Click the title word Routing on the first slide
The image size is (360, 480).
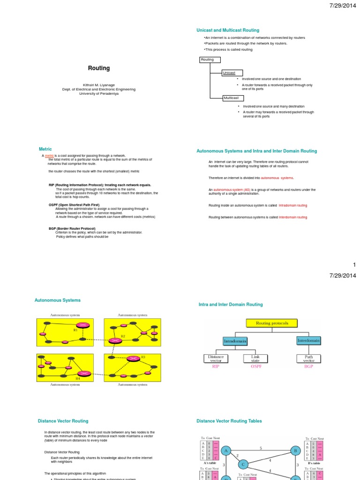coord(99,68)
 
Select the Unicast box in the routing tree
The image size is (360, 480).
coord(232,73)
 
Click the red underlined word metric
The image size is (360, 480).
coord(50,155)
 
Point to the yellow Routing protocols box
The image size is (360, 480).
coord(272,323)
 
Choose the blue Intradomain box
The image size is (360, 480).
coord(234,341)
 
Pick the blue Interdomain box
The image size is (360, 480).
coord(308,340)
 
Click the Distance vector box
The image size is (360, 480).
coord(216,359)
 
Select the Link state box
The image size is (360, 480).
coord(255,359)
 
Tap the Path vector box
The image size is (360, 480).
coord(308,359)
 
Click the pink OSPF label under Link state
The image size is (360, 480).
coord(255,366)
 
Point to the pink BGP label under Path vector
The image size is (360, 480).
coord(308,366)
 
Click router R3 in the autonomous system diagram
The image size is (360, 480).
coord(134,359)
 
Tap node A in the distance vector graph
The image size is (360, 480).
coord(227,451)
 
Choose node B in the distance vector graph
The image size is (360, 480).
coord(295,451)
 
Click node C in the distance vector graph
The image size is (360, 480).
coord(243,464)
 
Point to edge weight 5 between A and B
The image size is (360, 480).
coord(261,448)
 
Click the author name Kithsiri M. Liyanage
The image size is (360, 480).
coord(99,85)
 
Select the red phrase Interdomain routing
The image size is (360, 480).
coord(293,217)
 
